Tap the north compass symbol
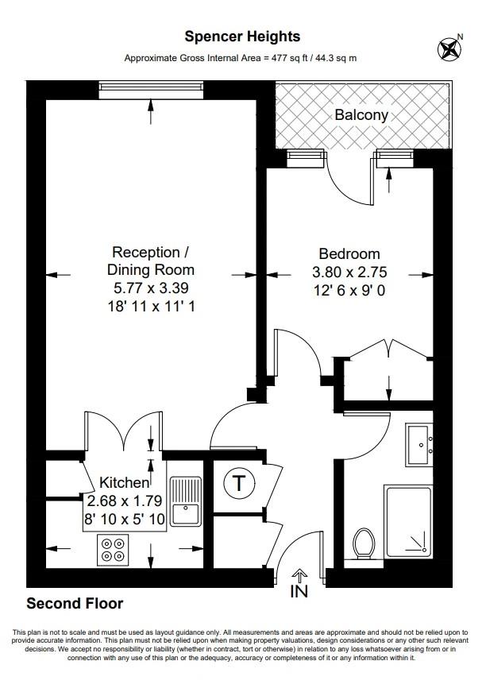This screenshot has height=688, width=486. [450, 49]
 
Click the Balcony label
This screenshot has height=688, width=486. [361, 115]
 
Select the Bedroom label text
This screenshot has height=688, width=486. [349, 254]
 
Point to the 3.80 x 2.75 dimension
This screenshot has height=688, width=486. [349, 272]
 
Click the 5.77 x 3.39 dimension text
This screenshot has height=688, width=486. [150, 288]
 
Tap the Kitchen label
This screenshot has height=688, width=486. [124, 483]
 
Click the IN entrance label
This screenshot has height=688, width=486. [300, 591]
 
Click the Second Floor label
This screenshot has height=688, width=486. [75, 604]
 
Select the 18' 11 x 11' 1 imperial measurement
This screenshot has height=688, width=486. [150, 305]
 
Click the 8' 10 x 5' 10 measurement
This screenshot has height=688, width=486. [123, 517]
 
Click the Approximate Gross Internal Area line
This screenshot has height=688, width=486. [241, 58]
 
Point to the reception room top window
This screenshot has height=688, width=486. [151, 87]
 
